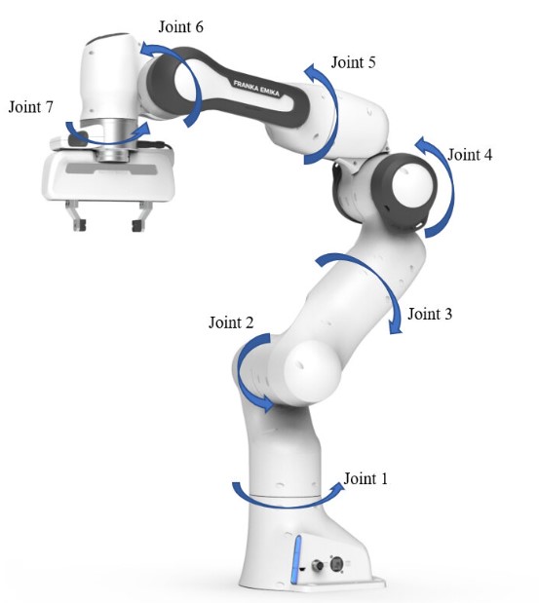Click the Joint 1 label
click(366, 478)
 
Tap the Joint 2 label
click(231, 322)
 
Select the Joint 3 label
click(430, 314)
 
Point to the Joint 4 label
click(470, 155)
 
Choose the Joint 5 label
click(353, 62)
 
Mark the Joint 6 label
click(181, 27)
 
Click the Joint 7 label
click(31, 107)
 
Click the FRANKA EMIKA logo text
click(256, 89)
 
